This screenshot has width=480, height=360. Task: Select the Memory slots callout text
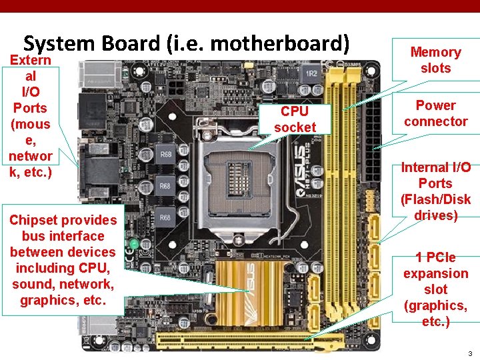coord(435,60)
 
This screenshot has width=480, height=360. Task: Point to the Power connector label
coord(435,113)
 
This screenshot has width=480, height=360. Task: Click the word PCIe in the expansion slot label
coord(435,257)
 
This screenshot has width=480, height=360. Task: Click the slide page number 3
coord(469,353)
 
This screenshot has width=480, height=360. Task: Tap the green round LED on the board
coord(134,245)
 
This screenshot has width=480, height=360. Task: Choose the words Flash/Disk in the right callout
coord(435,199)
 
